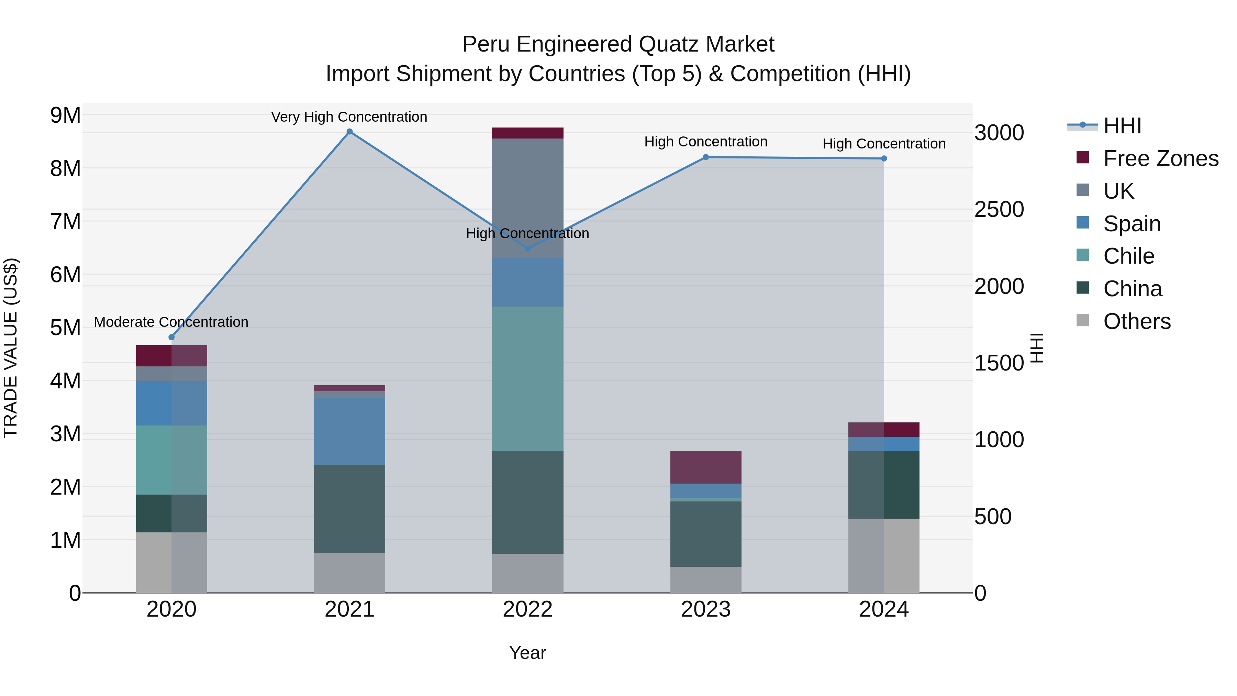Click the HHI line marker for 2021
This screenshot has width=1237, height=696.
(x=349, y=132)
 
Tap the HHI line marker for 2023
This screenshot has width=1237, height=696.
(x=705, y=157)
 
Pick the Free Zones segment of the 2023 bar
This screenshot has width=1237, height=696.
(x=705, y=467)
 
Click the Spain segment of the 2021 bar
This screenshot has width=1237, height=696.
(x=349, y=431)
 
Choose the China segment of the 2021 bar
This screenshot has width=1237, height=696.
(x=349, y=508)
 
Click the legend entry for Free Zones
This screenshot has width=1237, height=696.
(x=1161, y=158)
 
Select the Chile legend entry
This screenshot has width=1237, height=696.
(x=1128, y=256)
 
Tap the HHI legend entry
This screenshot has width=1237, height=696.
(x=1122, y=126)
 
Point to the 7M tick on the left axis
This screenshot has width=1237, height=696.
(x=65, y=222)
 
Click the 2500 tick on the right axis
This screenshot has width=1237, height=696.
(x=999, y=209)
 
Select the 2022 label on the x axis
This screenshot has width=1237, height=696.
(x=527, y=609)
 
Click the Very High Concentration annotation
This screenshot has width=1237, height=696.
(x=349, y=117)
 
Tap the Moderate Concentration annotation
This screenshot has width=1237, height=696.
(x=171, y=322)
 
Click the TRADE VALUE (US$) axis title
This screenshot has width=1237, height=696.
(x=11, y=348)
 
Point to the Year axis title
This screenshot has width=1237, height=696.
(x=527, y=653)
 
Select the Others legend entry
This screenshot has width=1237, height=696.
(x=1137, y=321)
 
